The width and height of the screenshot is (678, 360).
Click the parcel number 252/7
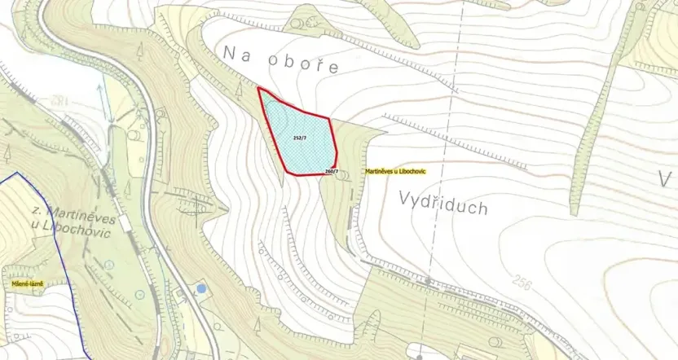pyautogui.click(x=299, y=138)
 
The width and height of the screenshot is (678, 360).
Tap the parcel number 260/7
pyautogui.click(x=331, y=171)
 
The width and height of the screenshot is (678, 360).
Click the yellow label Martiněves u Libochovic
pyautogui.click(x=395, y=172)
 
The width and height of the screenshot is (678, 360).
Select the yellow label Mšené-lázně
pyautogui.click(x=28, y=283)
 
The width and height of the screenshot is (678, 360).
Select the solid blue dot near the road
pyautogui.click(x=201, y=288)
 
